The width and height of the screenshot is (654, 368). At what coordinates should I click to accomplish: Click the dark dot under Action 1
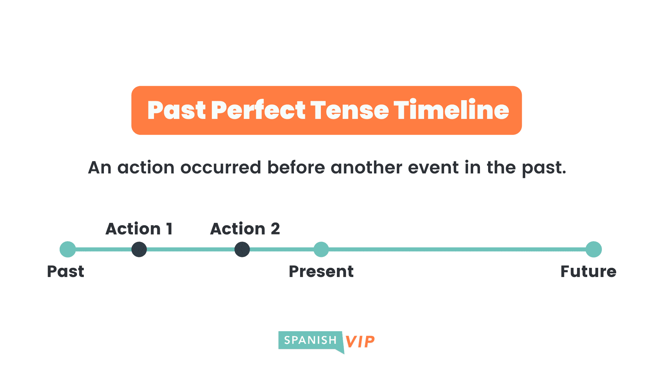pyautogui.click(x=139, y=249)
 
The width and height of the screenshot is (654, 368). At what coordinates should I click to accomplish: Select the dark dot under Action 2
pyautogui.click(x=242, y=249)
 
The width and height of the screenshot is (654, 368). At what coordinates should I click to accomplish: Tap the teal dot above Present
pyautogui.click(x=321, y=249)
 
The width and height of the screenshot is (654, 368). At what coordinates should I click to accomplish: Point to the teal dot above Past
pyautogui.click(x=67, y=249)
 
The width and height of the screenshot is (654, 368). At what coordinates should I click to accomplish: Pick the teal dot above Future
pyautogui.click(x=594, y=249)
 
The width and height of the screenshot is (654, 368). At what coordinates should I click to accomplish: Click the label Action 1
pyautogui.click(x=139, y=229)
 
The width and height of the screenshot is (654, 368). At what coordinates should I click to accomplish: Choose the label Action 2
pyautogui.click(x=245, y=229)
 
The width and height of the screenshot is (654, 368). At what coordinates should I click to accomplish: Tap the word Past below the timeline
pyautogui.click(x=65, y=272)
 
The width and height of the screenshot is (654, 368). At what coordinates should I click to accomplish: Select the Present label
pyautogui.click(x=321, y=272)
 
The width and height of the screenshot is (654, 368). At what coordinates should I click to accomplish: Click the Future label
pyautogui.click(x=588, y=272)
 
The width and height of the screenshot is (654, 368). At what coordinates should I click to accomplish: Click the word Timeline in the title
pyautogui.click(x=451, y=110)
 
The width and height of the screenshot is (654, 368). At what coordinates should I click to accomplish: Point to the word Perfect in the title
pyautogui.click(x=258, y=110)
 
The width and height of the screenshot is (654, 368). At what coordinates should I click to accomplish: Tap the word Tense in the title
pyautogui.click(x=349, y=110)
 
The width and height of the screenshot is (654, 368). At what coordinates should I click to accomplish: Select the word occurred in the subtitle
pyautogui.click(x=221, y=167)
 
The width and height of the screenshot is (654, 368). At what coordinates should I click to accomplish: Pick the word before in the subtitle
pyautogui.click(x=296, y=167)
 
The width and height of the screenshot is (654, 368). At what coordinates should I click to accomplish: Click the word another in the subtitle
pyautogui.click(x=367, y=167)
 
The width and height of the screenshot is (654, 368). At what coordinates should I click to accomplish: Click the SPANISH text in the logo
pyautogui.click(x=310, y=340)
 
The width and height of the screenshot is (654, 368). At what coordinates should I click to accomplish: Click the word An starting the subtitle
pyautogui.click(x=99, y=168)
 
